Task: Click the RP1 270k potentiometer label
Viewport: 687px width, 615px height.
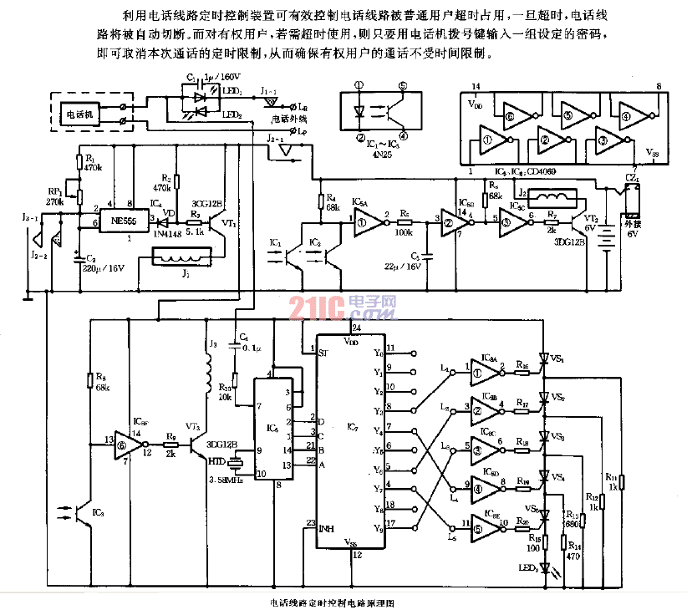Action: pos(54,196)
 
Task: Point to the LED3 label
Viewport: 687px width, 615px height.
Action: pos(527,570)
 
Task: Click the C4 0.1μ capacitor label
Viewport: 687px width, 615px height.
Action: pos(244,342)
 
